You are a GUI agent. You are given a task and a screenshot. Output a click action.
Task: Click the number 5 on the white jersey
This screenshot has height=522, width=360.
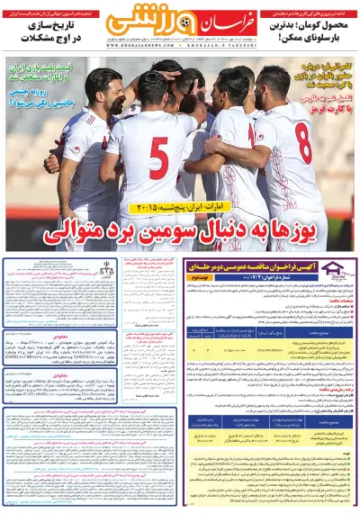point(158,157)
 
